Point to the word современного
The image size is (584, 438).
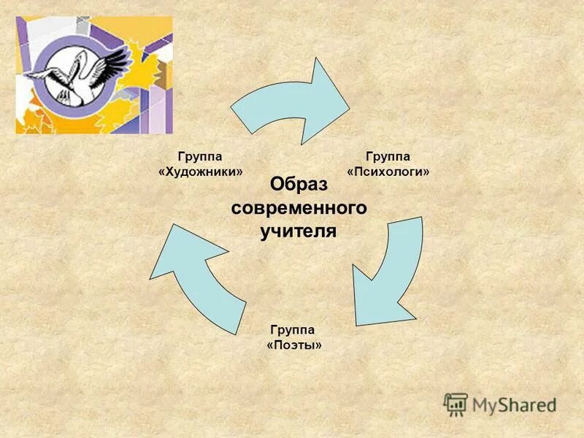299,208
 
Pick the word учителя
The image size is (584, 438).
299,232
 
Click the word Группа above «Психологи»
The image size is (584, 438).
388,156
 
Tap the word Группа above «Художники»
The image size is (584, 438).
200,156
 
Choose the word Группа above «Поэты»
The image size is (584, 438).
293,329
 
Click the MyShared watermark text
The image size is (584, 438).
514,404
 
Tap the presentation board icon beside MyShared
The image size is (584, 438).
456,404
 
